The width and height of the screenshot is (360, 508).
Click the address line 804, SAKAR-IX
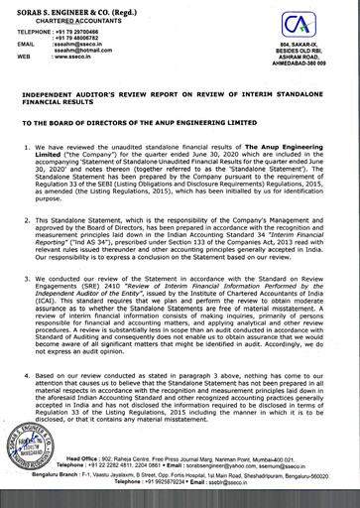tap(311, 60)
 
